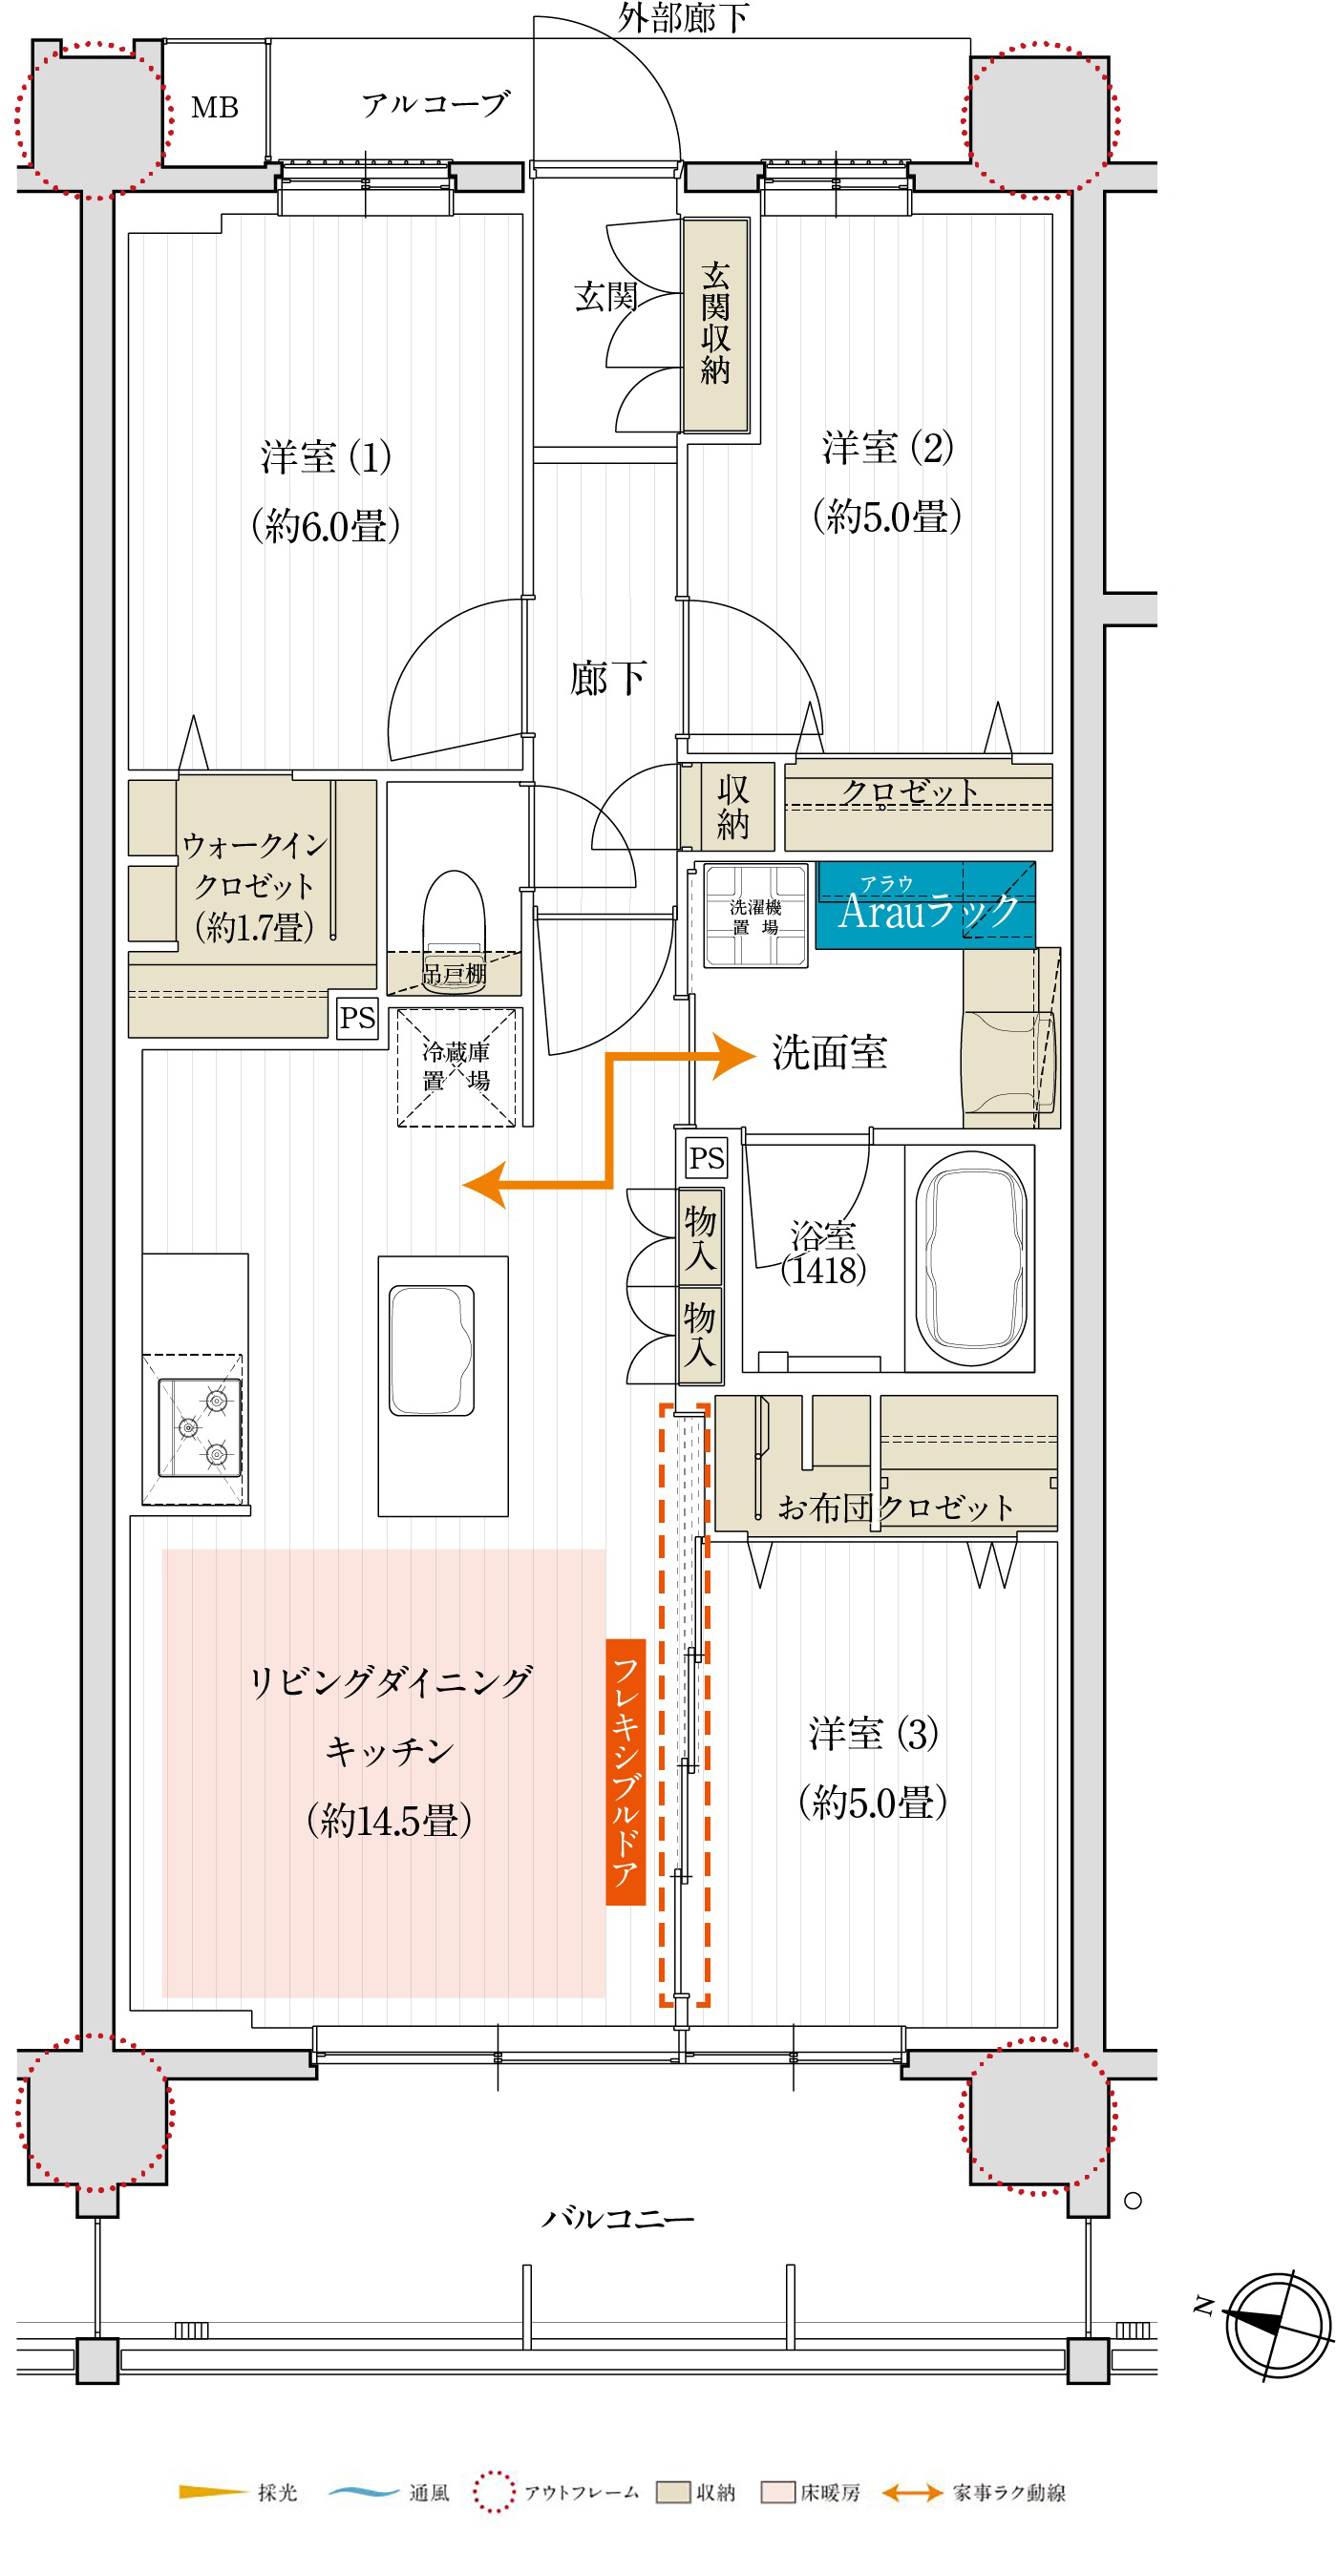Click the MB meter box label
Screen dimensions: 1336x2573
tap(215, 108)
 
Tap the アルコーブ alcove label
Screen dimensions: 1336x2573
tap(435, 104)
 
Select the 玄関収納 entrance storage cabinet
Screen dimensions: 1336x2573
tap(715, 325)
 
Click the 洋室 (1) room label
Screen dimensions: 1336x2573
tap(326, 457)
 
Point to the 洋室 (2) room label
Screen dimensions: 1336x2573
tap(888, 448)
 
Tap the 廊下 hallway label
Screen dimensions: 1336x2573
tap(607, 678)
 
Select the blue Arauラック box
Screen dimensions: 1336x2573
tap(925, 905)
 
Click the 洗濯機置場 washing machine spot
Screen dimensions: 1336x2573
tap(755, 915)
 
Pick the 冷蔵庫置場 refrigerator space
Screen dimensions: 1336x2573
tap(456, 1067)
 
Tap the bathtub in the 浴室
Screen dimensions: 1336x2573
tap(971, 1258)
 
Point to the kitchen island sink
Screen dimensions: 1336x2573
tap(432, 1350)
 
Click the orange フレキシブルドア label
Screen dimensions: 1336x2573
tap(626, 1772)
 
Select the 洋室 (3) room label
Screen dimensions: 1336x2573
tap(875, 1734)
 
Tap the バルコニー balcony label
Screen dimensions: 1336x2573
tap(618, 2220)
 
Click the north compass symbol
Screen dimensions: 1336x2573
tap(1278, 2324)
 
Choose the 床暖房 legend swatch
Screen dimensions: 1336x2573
tap(777, 2492)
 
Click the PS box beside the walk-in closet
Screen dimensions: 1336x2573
tap(357, 1018)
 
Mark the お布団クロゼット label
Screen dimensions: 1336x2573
tap(897, 1508)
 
